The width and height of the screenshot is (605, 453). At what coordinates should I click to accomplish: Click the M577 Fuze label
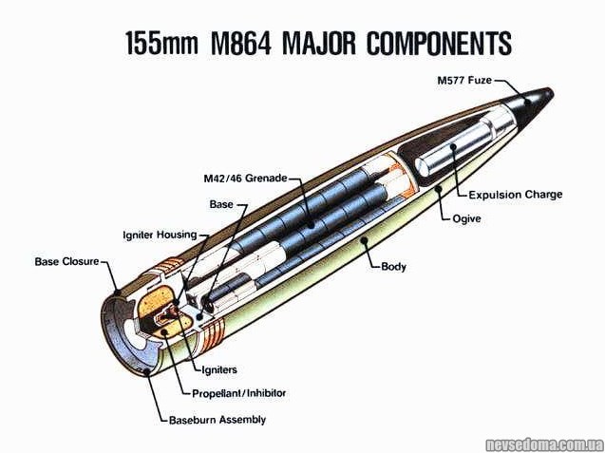click(x=463, y=81)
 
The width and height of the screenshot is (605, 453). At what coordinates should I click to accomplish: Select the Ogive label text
click(x=466, y=218)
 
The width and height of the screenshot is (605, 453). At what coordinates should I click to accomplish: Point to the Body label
click(x=393, y=266)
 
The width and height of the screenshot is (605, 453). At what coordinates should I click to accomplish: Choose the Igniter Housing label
click(x=160, y=234)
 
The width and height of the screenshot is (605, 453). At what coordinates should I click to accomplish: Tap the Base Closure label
click(x=66, y=260)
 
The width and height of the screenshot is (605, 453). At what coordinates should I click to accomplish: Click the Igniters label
click(x=218, y=369)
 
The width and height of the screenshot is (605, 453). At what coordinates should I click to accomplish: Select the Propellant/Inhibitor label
click(x=238, y=392)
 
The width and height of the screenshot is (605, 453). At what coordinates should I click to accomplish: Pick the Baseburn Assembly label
click(x=217, y=419)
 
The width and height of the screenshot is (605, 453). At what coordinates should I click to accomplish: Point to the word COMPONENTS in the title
click(x=438, y=44)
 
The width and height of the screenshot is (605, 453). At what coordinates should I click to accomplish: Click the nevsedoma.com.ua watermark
click(x=543, y=444)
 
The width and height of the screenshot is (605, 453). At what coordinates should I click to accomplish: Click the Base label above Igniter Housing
click(x=220, y=204)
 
